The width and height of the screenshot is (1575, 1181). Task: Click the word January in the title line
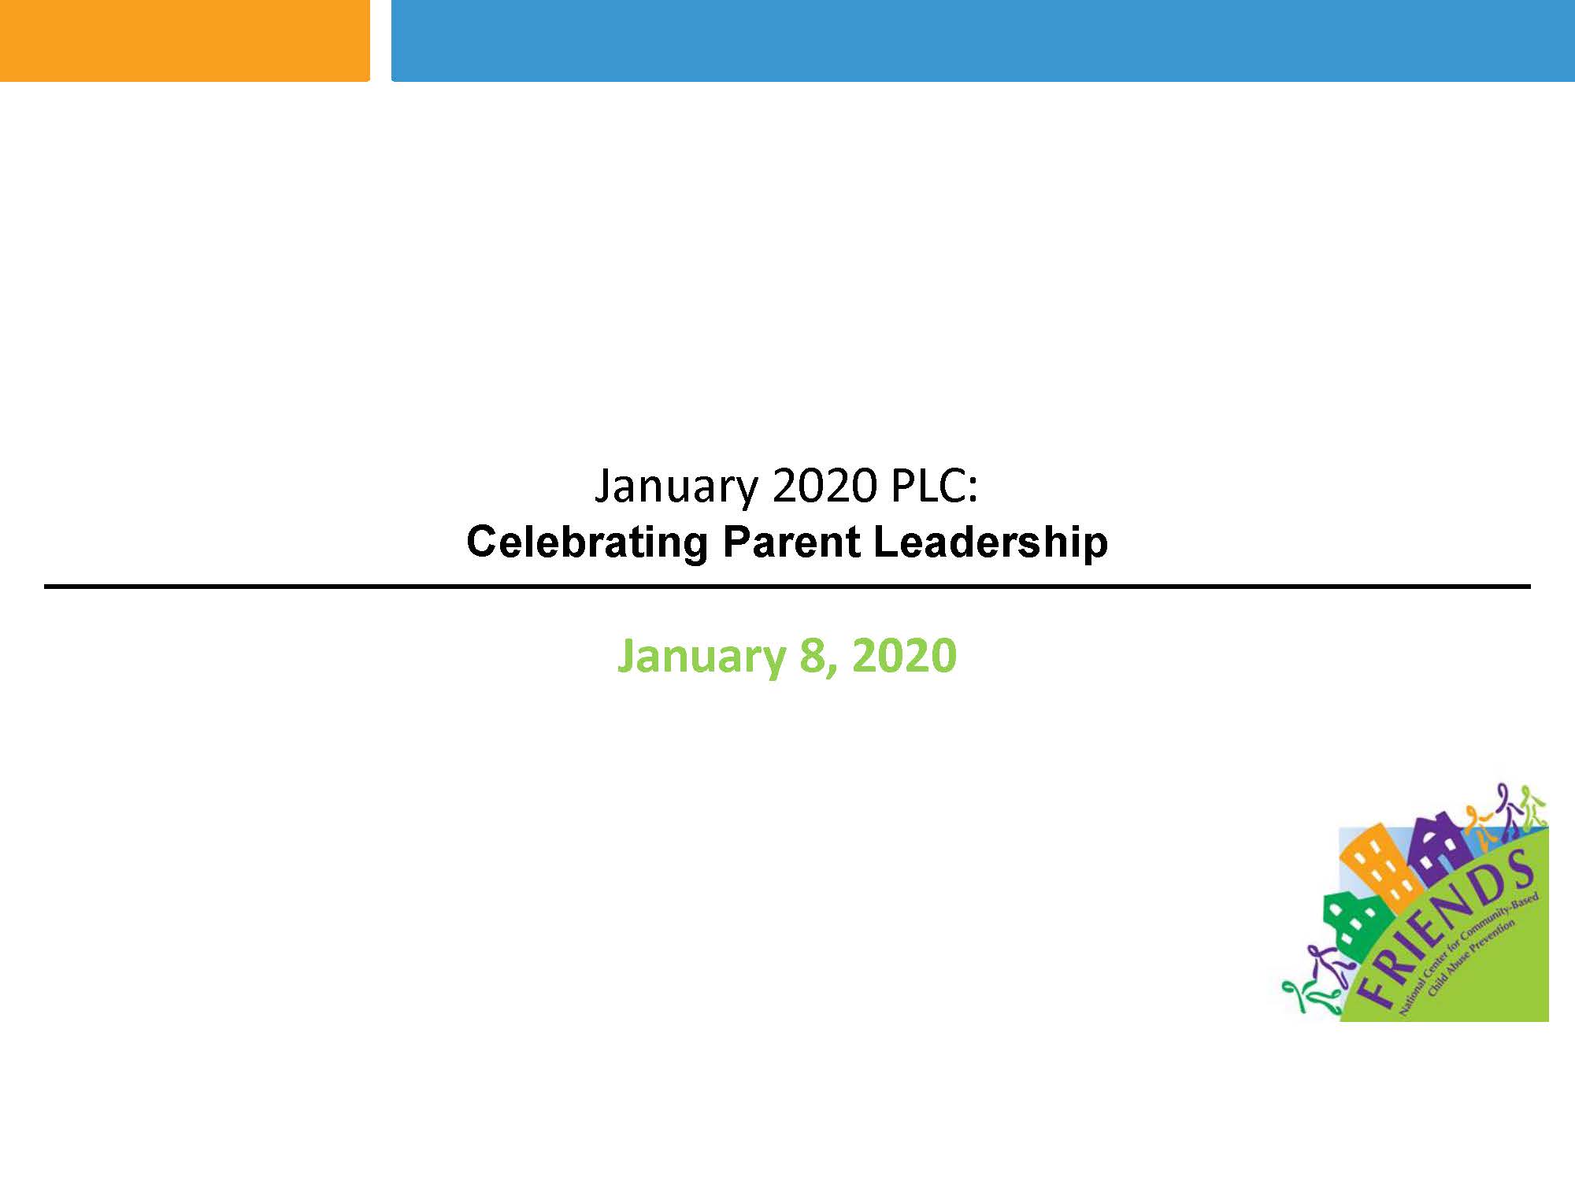coord(675,487)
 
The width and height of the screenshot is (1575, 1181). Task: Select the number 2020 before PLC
coord(825,485)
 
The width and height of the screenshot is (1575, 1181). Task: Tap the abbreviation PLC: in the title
coord(934,485)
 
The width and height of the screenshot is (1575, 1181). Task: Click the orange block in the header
coord(184,40)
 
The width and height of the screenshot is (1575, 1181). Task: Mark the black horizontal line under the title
coord(787,587)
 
